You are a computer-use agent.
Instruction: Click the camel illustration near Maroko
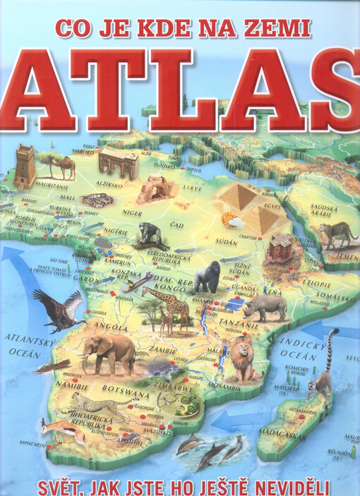[x=57, y=166]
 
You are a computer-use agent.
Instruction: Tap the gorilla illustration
[x=209, y=277]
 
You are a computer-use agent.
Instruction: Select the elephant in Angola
[x=108, y=350]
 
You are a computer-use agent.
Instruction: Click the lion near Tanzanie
[x=241, y=358]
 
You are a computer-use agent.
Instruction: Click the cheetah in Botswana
[x=100, y=405]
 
